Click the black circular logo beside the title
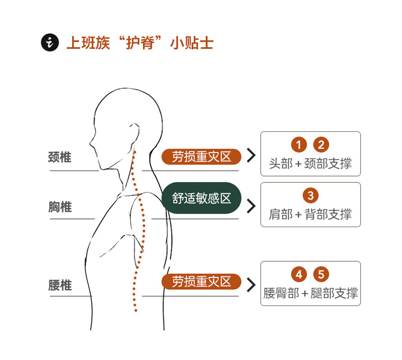point(50,43)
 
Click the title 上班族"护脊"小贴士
point(139,43)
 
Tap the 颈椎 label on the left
point(60,157)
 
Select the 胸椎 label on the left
point(60,207)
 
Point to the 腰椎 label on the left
point(60,285)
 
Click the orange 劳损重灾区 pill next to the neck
point(201,156)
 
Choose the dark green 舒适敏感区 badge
point(201,198)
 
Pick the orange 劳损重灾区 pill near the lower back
point(201,281)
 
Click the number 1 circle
point(299,145)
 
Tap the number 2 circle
point(321,145)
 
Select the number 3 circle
point(310,196)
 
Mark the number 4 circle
point(299,275)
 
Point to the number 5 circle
point(321,275)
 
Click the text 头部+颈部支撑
point(310,164)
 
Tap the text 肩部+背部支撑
point(310,214)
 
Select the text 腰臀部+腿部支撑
point(310,293)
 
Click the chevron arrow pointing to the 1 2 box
point(250,156)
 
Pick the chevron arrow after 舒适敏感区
point(250,206)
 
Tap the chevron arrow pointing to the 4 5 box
point(250,285)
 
